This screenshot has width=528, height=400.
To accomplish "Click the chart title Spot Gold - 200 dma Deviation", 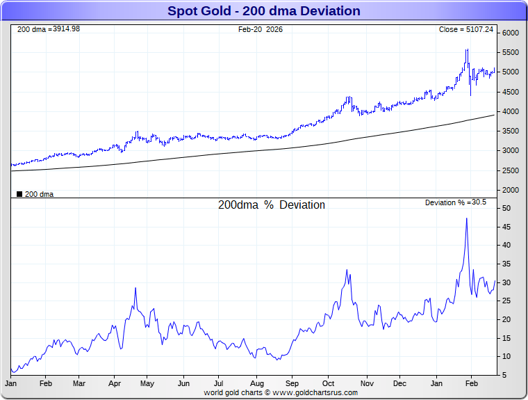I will point(264,10).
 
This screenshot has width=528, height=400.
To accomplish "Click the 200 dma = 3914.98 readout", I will point(49,29).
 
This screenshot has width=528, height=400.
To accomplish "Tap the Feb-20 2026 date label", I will point(260,30).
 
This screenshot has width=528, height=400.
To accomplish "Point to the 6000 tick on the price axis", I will point(511,33).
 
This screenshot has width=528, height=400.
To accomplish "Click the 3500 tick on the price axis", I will point(511,131).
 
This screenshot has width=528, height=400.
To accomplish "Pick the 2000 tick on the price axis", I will point(511,190).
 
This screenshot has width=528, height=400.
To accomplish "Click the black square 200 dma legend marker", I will point(19,194).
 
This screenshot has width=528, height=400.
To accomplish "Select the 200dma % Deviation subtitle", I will point(271,205).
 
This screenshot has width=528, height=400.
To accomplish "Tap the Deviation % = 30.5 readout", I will point(456,202).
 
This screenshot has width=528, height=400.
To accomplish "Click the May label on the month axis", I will point(147,383).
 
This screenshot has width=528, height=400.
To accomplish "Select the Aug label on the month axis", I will point(256,383).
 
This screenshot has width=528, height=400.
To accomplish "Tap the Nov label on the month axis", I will point(366,383).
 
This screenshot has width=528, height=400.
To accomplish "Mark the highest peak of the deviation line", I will point(466,218).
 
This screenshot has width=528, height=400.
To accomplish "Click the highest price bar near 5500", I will point(467,50).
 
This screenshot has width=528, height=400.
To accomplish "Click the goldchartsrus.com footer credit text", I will point(281,393).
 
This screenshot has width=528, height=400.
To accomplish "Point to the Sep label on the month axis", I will point(292,383).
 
